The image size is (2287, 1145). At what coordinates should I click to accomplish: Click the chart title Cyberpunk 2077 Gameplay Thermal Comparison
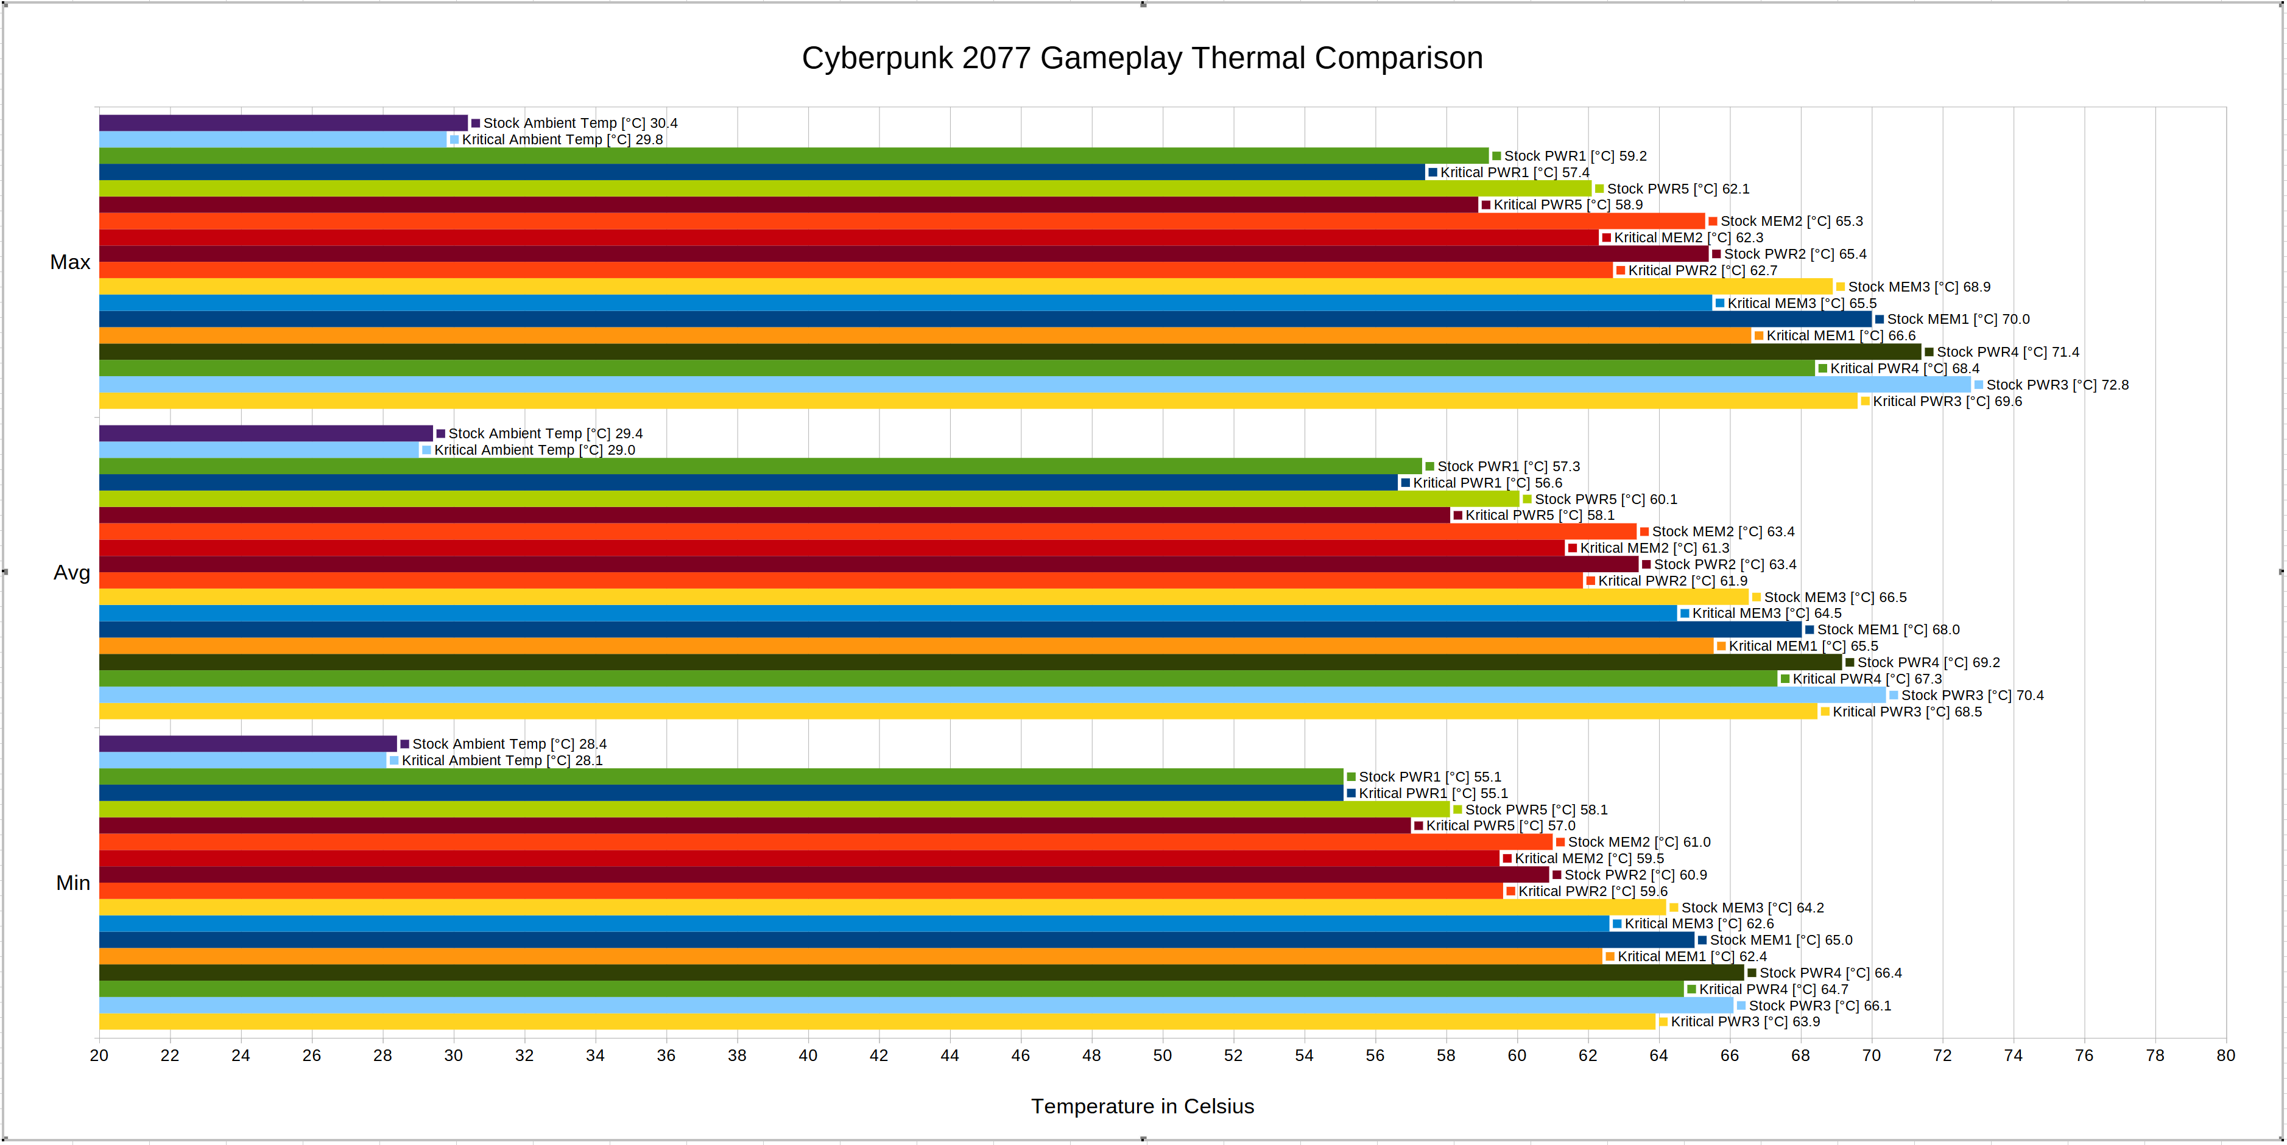(x=1142, y=58)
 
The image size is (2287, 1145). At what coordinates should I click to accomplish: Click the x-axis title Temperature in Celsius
(x=1142, y=1106)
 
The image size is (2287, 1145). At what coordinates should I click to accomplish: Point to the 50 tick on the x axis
(x=1162, y=1056)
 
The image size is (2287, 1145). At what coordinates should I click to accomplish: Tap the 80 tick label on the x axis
(x=2225, y=1056)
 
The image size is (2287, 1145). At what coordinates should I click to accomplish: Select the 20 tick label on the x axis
(x=99, y=1056)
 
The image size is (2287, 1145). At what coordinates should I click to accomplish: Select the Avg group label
(x=72, y=572)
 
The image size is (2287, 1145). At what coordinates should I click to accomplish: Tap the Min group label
(x=73, y=883)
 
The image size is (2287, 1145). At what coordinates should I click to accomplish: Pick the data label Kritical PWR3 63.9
(x=1744, y=1021)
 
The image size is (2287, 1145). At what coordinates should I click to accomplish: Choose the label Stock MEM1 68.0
(x=1887, y=630)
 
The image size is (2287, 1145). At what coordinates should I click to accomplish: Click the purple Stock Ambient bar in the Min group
(x=248, y=744)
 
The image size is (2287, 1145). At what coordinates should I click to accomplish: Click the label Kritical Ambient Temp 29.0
(x=534, y=450)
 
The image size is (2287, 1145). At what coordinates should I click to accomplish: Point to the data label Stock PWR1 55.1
(x=1429, y=777)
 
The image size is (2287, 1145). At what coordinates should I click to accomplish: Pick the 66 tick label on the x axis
(x=1730, y=1056)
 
